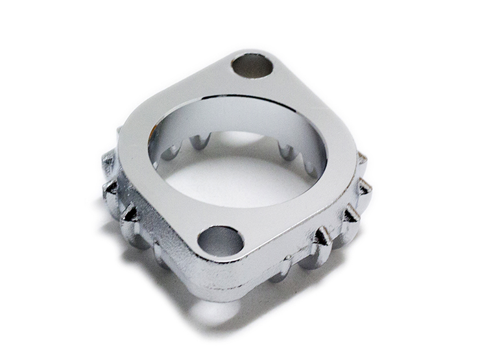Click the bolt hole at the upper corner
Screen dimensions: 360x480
click(252, 66)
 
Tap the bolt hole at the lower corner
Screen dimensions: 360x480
click(220, 241)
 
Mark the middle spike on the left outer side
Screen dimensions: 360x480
click(112, 189)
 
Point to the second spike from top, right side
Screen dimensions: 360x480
click(366, 187)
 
